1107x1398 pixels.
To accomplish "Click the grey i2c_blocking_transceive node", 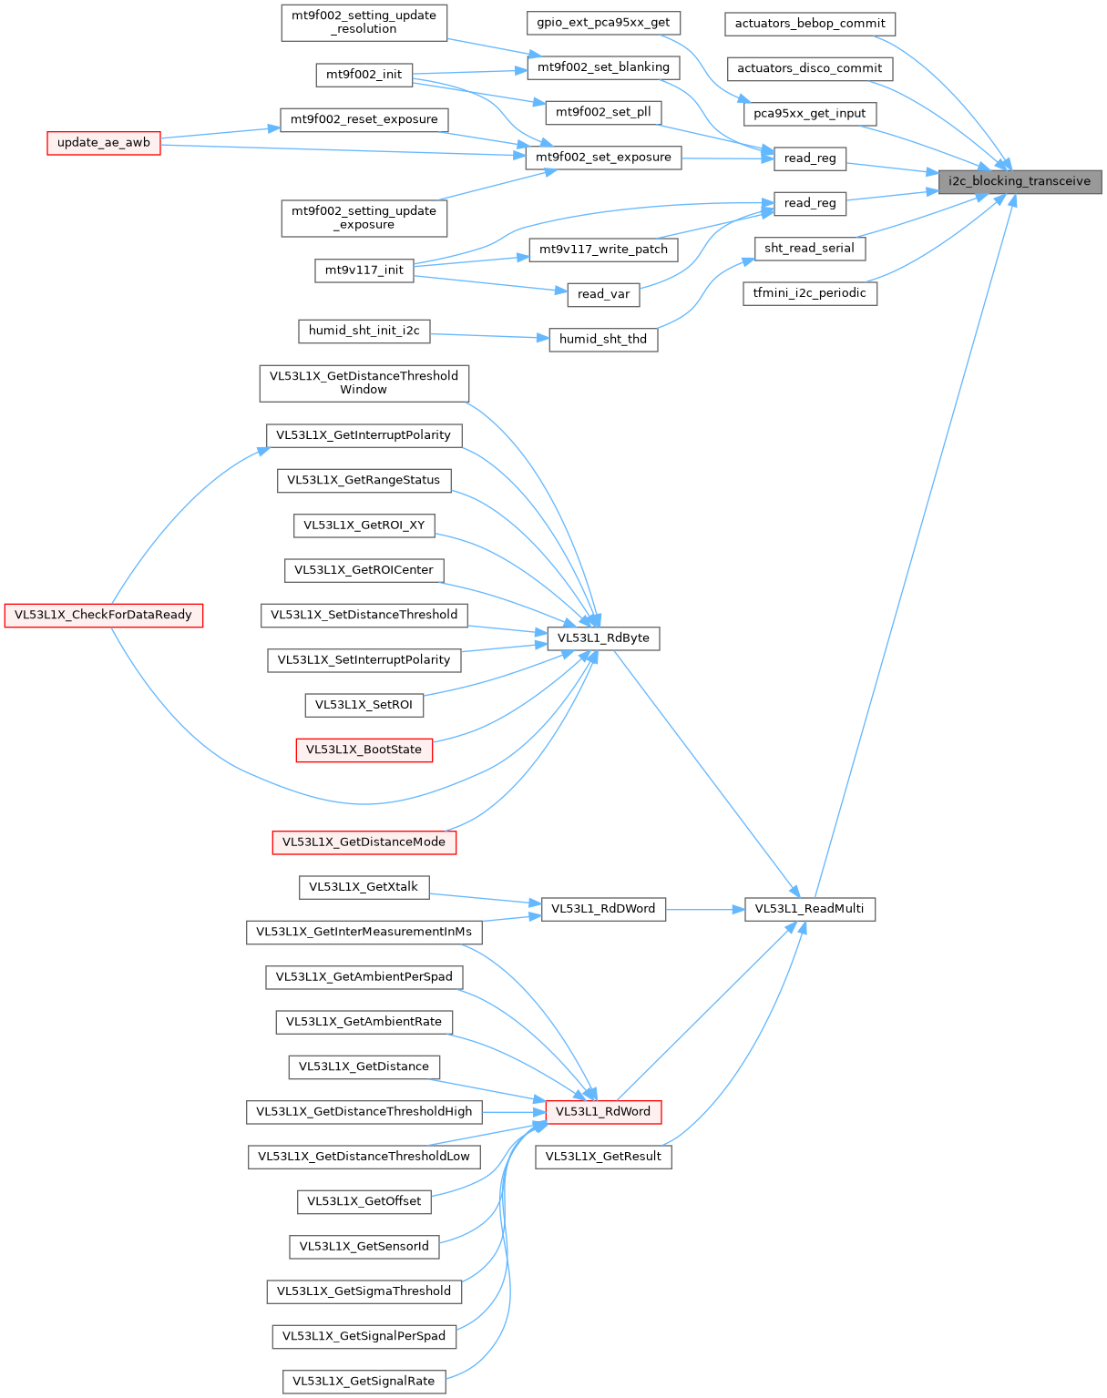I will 1020,181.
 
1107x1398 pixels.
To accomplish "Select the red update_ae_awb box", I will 104,143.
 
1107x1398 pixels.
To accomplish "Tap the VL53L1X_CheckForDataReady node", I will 103,616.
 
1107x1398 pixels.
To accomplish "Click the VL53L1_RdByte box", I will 603,638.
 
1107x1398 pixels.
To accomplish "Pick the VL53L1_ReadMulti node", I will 809,909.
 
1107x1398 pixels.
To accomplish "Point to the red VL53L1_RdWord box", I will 603,1112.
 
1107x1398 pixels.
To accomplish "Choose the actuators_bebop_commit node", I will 810,24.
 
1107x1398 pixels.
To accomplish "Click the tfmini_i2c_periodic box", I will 809,293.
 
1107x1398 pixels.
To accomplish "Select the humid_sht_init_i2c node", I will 364,331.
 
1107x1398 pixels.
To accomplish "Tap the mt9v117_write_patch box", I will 603,250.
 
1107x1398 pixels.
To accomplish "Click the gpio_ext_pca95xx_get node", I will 603,23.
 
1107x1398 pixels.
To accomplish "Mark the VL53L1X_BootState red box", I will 364,750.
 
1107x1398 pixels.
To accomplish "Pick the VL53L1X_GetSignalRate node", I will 364,1382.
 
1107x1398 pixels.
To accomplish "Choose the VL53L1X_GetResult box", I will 603,1158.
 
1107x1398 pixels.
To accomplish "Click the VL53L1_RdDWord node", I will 603,909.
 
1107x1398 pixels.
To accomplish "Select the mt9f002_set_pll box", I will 603,113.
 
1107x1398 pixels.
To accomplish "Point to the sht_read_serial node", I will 809,249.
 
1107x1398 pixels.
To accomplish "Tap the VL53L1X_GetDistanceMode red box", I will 364,842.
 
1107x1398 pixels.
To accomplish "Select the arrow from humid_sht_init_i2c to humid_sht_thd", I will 489,336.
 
